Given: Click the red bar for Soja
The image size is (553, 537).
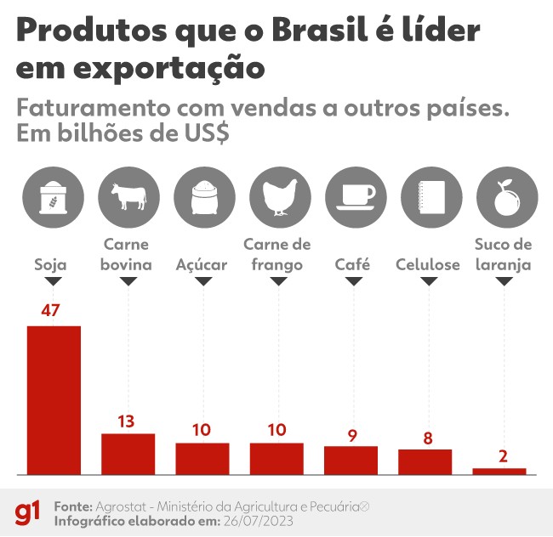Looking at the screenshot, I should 54,399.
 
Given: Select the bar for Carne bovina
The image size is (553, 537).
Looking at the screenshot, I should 128,453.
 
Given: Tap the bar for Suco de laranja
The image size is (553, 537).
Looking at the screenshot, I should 499,471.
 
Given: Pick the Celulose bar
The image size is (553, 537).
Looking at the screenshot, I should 425,461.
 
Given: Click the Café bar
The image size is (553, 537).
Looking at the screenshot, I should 351,459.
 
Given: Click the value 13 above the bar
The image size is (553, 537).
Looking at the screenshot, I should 127,421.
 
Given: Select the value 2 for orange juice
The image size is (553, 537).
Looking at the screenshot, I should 503,455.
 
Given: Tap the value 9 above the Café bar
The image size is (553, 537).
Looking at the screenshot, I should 352,436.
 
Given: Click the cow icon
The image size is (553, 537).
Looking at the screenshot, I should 128,196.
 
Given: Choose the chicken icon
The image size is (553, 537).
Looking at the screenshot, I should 276,196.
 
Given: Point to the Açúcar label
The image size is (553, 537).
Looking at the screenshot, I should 202,264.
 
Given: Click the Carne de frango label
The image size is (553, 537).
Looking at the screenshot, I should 277,255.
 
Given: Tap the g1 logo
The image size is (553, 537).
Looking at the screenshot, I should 26,512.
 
